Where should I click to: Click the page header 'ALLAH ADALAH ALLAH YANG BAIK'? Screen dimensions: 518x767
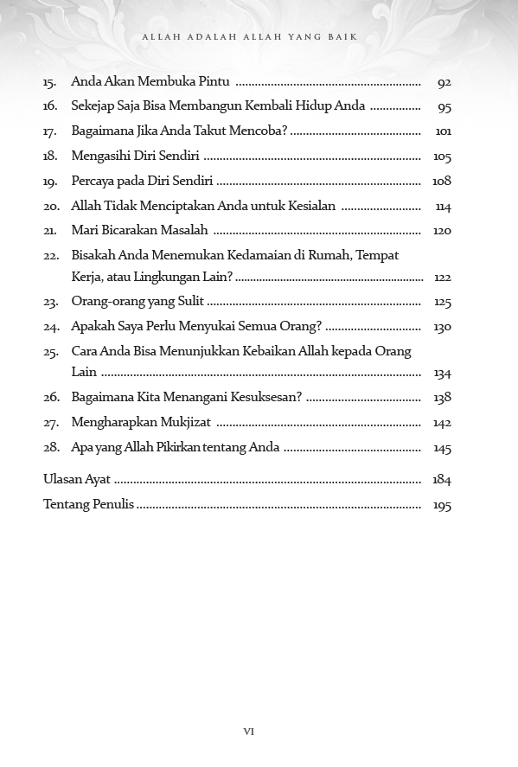coord(248,37)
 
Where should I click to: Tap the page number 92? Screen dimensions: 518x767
coord(444,83)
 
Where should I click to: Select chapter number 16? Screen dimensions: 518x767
coord(50,107)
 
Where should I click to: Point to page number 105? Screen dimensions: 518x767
coord(442,157)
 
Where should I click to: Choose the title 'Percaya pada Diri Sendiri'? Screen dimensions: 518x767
coord(142,182)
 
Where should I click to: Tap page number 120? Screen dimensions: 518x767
coord(442,231)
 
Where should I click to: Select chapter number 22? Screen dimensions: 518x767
coord(51,257)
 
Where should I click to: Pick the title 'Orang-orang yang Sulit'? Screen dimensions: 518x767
coord(137,303)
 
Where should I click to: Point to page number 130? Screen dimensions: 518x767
coord(442,328)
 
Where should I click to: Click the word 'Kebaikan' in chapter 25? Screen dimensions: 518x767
coord(269,352)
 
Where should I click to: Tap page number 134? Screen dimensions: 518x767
coord(442,374)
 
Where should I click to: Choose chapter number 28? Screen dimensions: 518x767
coord(51,448)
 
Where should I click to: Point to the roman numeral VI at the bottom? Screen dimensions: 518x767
coord(248,732)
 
